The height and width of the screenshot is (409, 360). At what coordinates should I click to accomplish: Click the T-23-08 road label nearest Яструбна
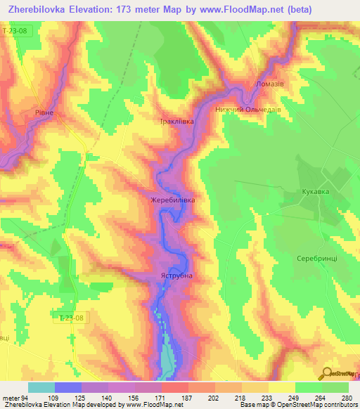pos(72,318)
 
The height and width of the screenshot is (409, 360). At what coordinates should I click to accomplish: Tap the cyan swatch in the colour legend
pos(41,387)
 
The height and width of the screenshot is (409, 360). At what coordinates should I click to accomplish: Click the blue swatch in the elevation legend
pos(67,387)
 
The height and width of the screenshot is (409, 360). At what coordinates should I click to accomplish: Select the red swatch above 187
pos(174,387)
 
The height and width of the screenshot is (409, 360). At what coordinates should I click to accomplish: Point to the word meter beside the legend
pos(11,398)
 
